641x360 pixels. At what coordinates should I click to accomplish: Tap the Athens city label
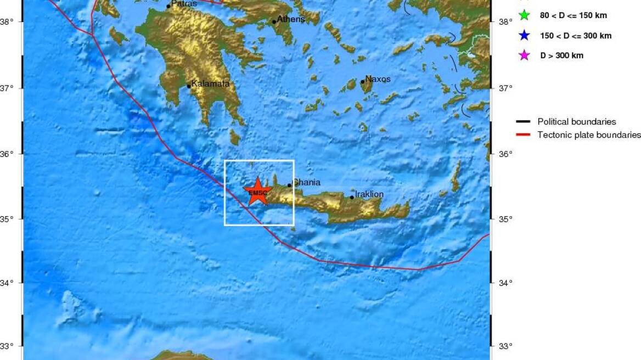click(290, 19)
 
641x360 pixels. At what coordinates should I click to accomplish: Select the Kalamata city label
click(210, 84)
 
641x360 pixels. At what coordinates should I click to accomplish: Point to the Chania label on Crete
click(306, 182)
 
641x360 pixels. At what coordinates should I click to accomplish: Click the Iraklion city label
click(369, 194)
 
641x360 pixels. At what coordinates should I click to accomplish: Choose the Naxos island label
click(378, 79)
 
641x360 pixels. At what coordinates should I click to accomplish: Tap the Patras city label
click(184, 4)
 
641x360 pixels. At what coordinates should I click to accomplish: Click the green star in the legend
click(524, 15)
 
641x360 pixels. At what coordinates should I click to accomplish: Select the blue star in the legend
click(524, 36)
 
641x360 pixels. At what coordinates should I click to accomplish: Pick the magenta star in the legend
click(524, 55)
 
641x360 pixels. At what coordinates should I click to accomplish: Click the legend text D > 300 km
click(561, 55)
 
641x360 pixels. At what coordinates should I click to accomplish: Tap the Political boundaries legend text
click(576, 122)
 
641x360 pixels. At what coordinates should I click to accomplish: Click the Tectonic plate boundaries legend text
click(589, 134)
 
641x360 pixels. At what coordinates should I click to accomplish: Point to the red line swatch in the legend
click(523, 134)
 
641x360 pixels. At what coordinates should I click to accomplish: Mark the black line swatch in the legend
click(523, 122)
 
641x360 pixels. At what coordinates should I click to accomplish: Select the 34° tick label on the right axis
click(505, 283)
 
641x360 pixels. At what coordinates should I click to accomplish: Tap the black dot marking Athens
click(274, 22)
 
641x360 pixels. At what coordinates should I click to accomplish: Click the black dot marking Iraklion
click(352, 198)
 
